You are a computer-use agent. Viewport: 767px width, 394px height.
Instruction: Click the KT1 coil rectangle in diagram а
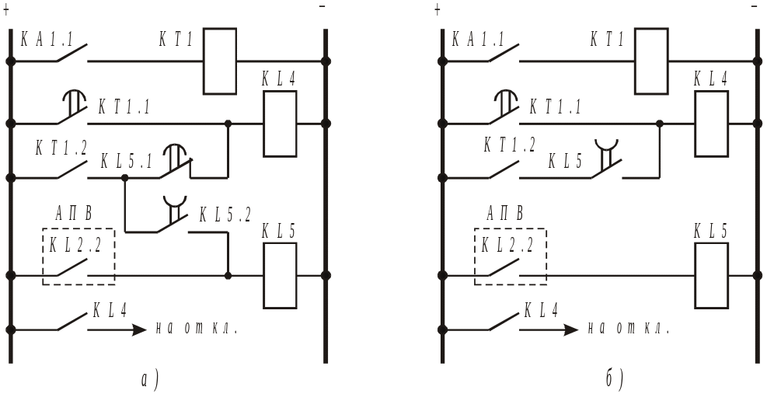coord(220,61)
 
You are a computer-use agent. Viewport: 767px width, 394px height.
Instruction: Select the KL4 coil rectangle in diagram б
coord(712,124)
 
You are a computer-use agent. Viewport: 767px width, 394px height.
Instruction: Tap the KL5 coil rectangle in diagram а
coord(280,275)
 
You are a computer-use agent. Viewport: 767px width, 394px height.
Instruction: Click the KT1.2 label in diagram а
coord(61,146)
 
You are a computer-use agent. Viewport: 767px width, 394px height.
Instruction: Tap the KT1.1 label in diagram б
coord(556,107)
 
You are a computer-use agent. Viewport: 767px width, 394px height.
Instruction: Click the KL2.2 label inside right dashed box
coord(508,245)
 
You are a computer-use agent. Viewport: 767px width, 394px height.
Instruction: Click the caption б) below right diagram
coord(613,380)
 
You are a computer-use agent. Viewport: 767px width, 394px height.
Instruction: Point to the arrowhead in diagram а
coord(139,329)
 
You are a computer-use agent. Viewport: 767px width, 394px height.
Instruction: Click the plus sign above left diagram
coord(7,9)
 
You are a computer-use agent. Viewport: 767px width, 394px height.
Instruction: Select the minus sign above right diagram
coord(755,7)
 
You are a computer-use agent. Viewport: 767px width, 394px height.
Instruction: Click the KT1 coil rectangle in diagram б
coord(651,61)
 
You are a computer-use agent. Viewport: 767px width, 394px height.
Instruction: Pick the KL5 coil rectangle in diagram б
coord(712,275)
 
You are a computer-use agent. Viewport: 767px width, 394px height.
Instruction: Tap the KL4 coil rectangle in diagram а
coord(280,124)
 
